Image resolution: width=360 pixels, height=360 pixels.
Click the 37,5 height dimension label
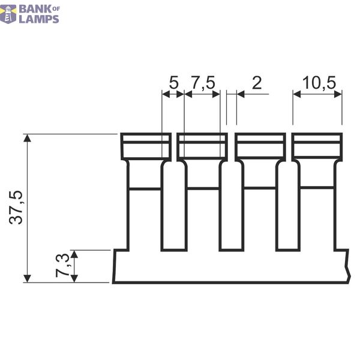click(x=16, y=208)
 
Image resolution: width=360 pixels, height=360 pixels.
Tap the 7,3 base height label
click(x=62, y=265)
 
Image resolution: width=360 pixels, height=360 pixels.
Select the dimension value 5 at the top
click(x=173, y=83)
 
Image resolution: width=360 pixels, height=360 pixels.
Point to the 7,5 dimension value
click(x=203, y=83)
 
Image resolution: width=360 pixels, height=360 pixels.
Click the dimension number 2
click(x=257, y=83)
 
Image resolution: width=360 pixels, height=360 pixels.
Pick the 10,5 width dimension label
click(x=319, y=83)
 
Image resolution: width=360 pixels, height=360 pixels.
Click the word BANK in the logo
click(x=35, y=9)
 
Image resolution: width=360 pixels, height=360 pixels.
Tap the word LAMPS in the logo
click(x=39, y=19)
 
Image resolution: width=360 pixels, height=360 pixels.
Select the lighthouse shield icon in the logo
click(x=8, y=14)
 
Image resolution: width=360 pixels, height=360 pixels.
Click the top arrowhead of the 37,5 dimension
click(x=28, y=138)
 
